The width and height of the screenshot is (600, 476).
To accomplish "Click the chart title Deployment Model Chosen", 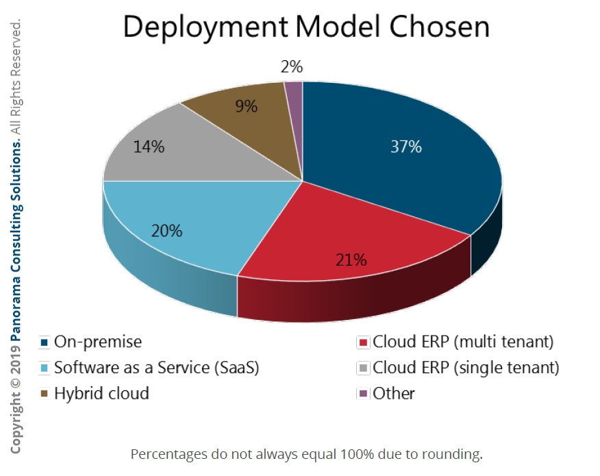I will (x=306, y=27).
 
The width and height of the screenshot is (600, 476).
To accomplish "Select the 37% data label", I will (x=405, y=147).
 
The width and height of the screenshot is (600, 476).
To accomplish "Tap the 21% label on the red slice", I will (x=351, y=260).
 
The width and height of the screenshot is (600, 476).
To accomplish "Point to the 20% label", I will (x=166, y=231).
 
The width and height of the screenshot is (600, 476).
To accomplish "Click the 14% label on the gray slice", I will (x=149, y=147).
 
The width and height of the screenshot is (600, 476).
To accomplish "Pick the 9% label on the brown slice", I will (x=245, y=106).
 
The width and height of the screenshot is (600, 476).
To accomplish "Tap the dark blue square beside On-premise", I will (x=45, y=342).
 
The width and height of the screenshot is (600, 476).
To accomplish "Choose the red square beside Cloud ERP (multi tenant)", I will (x=362, y=342).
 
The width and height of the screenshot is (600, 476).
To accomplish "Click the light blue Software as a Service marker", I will (x=45, y=368).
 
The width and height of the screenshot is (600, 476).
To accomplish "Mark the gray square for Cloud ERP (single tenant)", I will (x=362, y=368).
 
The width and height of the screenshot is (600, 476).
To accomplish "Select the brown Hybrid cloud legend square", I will (x=45, y=394).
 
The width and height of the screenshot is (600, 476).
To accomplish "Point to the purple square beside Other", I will (x=362, y=394).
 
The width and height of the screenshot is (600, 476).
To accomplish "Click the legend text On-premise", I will (x=98, y=342).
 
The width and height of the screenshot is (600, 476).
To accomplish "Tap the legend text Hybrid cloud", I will (x=101, y=394).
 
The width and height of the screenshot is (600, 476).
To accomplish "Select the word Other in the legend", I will (x=394, y=394).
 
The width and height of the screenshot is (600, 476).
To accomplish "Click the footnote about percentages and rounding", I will (x=307, y=453).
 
